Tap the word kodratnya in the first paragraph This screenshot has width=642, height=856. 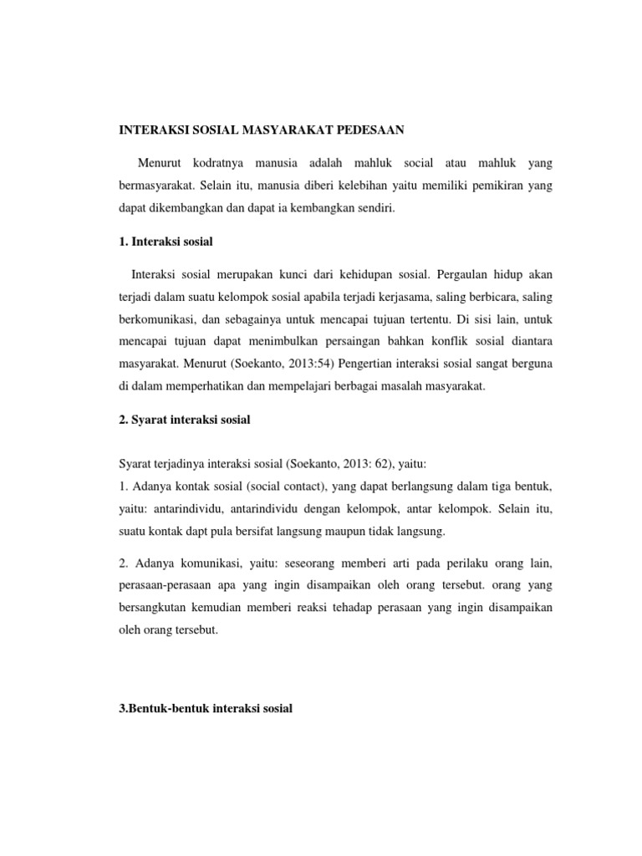(x=221, y=160)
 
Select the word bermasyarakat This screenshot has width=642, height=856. (x=156, y=184)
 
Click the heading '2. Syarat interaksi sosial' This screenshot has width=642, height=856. (x=182, y=421)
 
